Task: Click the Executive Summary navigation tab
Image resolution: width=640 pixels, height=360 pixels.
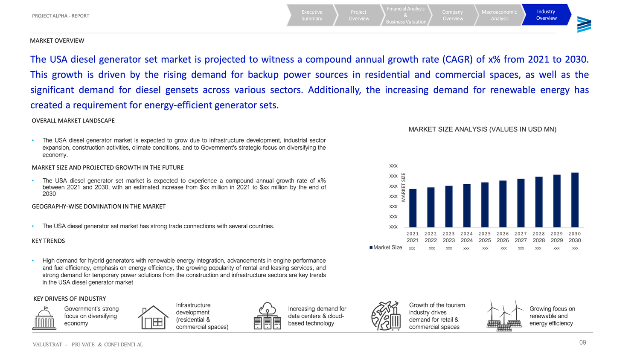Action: click(x=311, y=15)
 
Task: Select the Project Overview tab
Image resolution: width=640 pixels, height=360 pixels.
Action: click(x=359, y=15)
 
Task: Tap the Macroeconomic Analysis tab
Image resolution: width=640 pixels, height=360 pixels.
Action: click(x=499, y=15)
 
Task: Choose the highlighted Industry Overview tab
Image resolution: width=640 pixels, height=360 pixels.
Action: click(x=546, y=15)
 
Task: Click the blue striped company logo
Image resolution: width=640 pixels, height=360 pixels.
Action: click(x=584, y=25)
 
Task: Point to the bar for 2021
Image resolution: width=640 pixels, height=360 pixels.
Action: click(x=413, y=208)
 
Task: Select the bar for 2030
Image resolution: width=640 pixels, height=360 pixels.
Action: click(x=575, y=200)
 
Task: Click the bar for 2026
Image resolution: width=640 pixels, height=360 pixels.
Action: click(x=503, y=204)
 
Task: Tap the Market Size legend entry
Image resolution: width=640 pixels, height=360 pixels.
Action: click(x=386, y=247)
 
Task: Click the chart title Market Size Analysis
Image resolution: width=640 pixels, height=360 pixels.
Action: click(x=482, y=129)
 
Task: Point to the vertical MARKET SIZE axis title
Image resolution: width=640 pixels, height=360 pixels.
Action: click(x=404, y=187)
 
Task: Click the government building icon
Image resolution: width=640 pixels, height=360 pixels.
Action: click(x=44, y=318)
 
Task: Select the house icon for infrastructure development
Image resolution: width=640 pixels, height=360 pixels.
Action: click(x=153, y=317)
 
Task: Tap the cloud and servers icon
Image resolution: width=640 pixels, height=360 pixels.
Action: click(x=268, y=316)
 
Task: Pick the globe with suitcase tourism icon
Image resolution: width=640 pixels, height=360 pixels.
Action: click(x=386, y=316)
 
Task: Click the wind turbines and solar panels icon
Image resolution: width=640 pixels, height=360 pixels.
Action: click(x=505, y=316)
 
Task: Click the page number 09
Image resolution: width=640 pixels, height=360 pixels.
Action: click(x=582, y=343)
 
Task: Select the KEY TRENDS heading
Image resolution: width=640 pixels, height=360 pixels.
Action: click(x=48, y=241)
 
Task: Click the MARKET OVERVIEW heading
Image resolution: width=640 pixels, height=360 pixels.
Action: click(x=57, y=41)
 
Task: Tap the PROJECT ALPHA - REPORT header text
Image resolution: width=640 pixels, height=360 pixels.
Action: click(x=61, y=16)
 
